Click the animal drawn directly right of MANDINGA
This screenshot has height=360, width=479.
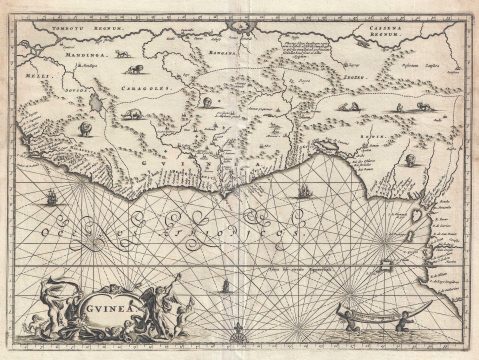click(x=131, y=69)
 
